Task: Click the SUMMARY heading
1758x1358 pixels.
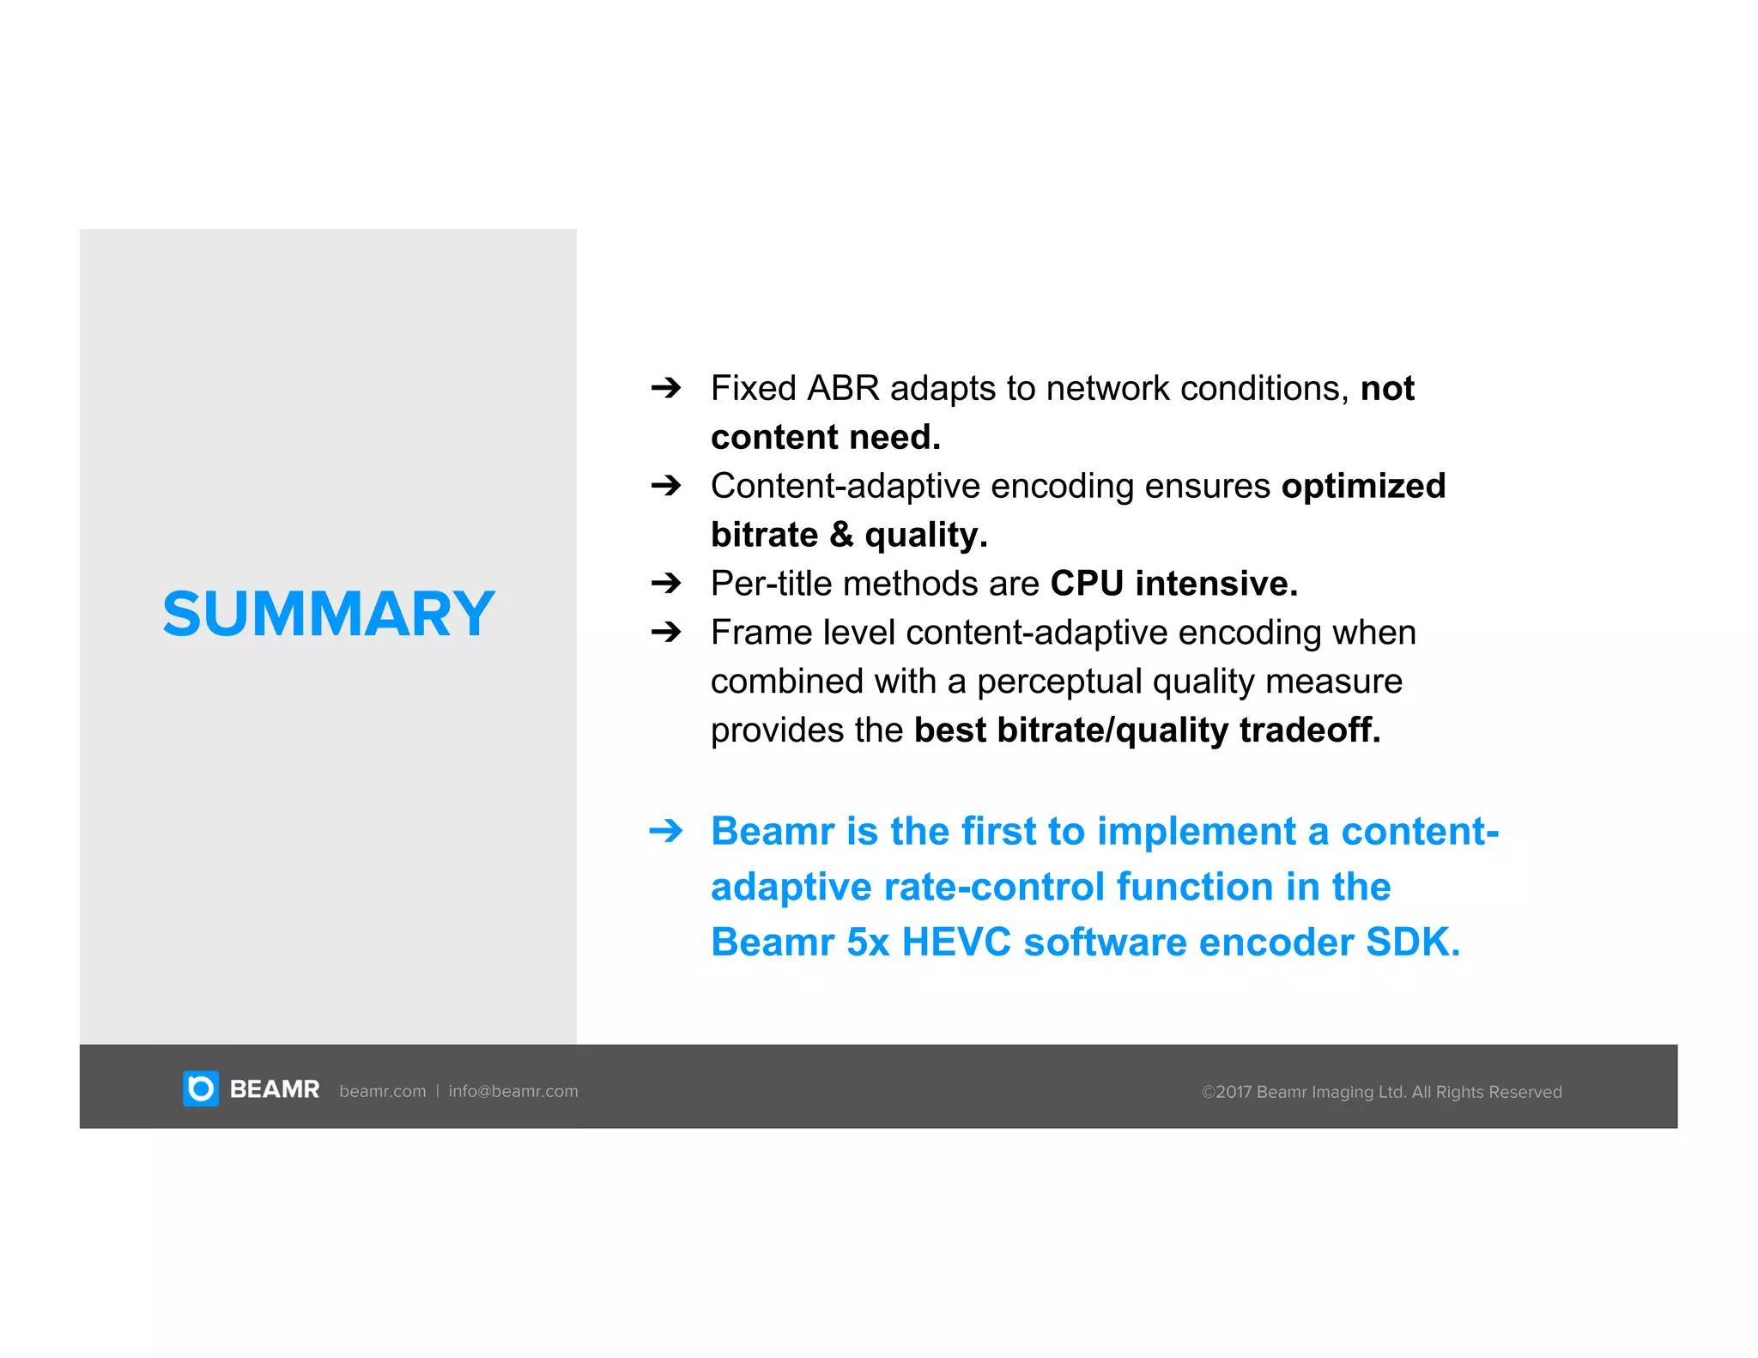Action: [328, 614]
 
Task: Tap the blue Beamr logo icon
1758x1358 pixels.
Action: [201, 1088]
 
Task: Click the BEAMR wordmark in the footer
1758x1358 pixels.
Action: [274, 1089]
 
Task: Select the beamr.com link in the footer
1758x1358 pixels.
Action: [382, 1091]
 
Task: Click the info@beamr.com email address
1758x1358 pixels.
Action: [512, 1091]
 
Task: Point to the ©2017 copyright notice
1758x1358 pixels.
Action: [1381, 1092]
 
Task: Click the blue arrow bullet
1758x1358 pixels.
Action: [665, 831]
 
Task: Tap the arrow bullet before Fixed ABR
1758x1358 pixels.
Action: [665, 388]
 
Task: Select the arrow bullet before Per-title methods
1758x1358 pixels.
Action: [665, 584]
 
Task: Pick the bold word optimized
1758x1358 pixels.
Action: [1363, 486]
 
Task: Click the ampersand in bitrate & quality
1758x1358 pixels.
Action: [840, 535]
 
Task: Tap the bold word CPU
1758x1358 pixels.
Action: [1087, 584]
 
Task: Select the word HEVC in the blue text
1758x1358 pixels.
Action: [956, 942]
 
